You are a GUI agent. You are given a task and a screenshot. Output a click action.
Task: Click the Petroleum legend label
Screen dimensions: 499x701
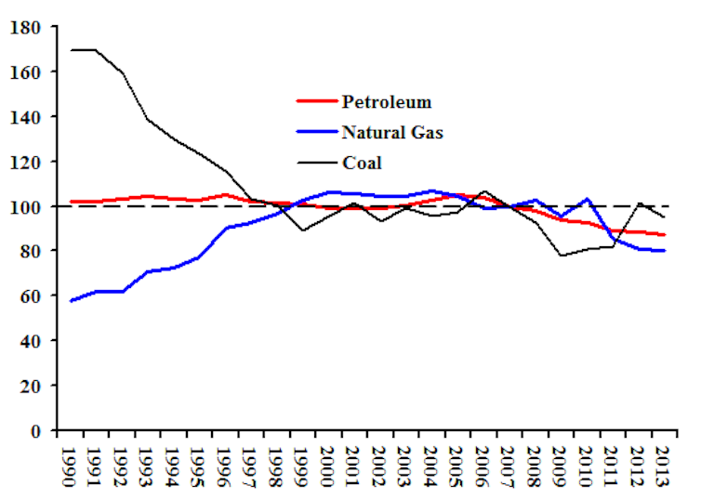tap(386, 101)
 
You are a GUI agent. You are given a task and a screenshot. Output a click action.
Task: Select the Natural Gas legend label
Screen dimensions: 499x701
tap(391, 132)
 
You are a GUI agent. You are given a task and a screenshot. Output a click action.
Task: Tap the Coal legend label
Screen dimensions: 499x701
tap(362, 163)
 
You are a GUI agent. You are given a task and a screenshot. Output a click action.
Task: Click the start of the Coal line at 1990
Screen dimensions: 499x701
tap(70, 49)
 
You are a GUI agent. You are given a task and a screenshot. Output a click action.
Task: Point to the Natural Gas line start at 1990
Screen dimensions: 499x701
tap(71, 300)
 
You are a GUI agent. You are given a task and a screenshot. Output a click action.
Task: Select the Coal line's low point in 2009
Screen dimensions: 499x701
tap(561, 256)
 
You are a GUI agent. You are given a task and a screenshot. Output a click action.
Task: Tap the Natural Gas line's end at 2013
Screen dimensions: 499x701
tap(664, 251)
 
